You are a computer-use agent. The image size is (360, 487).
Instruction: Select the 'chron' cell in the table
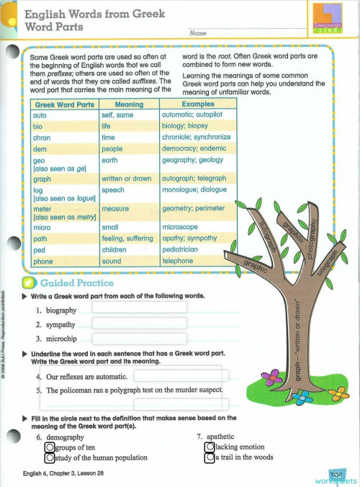click(x=42, y=137)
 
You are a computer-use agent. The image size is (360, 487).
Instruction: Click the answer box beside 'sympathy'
click(x=139, y=323)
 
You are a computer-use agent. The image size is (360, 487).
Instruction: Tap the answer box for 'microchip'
click(x=139, y=339)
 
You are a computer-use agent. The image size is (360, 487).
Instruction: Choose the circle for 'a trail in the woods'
click(x=210, y=457)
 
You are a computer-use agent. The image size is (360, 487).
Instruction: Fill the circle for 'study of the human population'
click(x=49, y=457)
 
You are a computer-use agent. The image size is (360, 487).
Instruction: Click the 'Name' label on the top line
click(x=198, y=34)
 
